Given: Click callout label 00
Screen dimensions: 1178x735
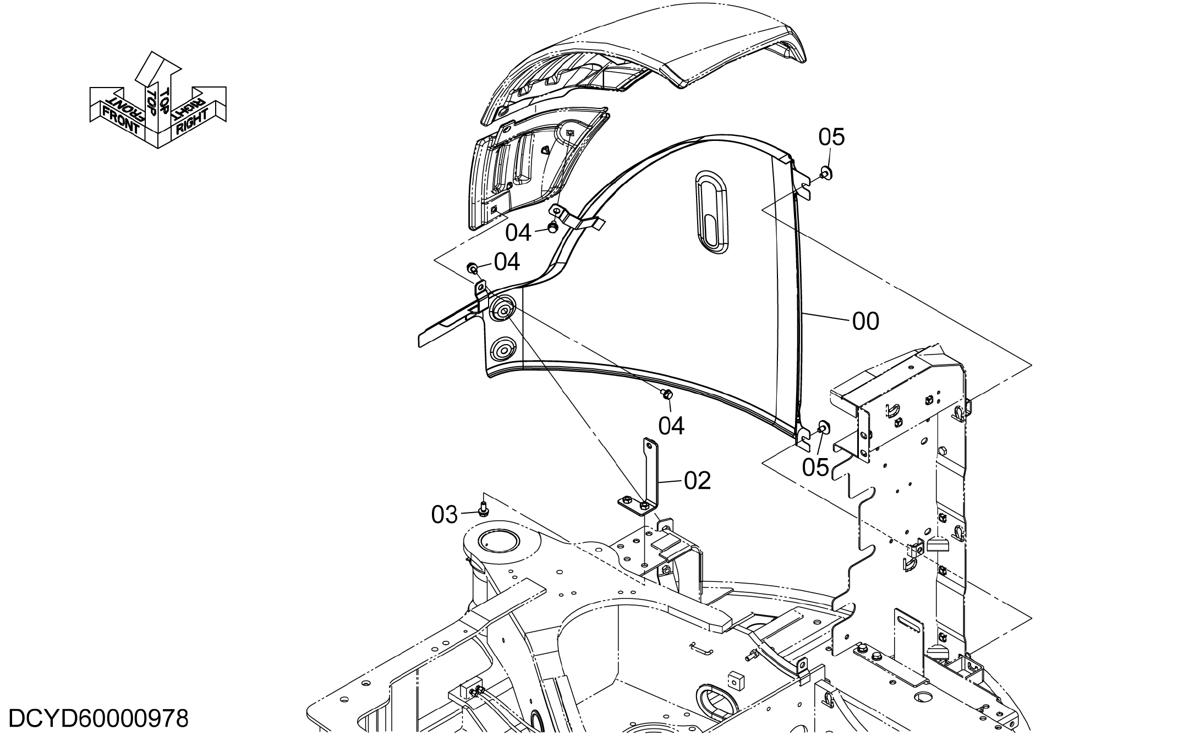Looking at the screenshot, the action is [865, 322].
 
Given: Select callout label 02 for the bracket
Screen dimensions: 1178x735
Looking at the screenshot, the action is [697, 481].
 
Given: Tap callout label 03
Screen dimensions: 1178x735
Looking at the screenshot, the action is [445, 515].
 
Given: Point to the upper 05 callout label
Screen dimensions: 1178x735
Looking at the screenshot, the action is [831, 137].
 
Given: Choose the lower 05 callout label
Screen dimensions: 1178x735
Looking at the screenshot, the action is [815, 467].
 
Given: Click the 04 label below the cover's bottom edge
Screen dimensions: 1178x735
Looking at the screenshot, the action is [671, 426].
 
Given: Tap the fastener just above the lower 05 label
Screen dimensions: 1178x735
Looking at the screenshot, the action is [824, 427].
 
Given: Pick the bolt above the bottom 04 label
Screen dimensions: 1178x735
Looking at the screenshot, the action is [666, 394].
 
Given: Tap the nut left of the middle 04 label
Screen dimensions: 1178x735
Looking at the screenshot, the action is [473, 268].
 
